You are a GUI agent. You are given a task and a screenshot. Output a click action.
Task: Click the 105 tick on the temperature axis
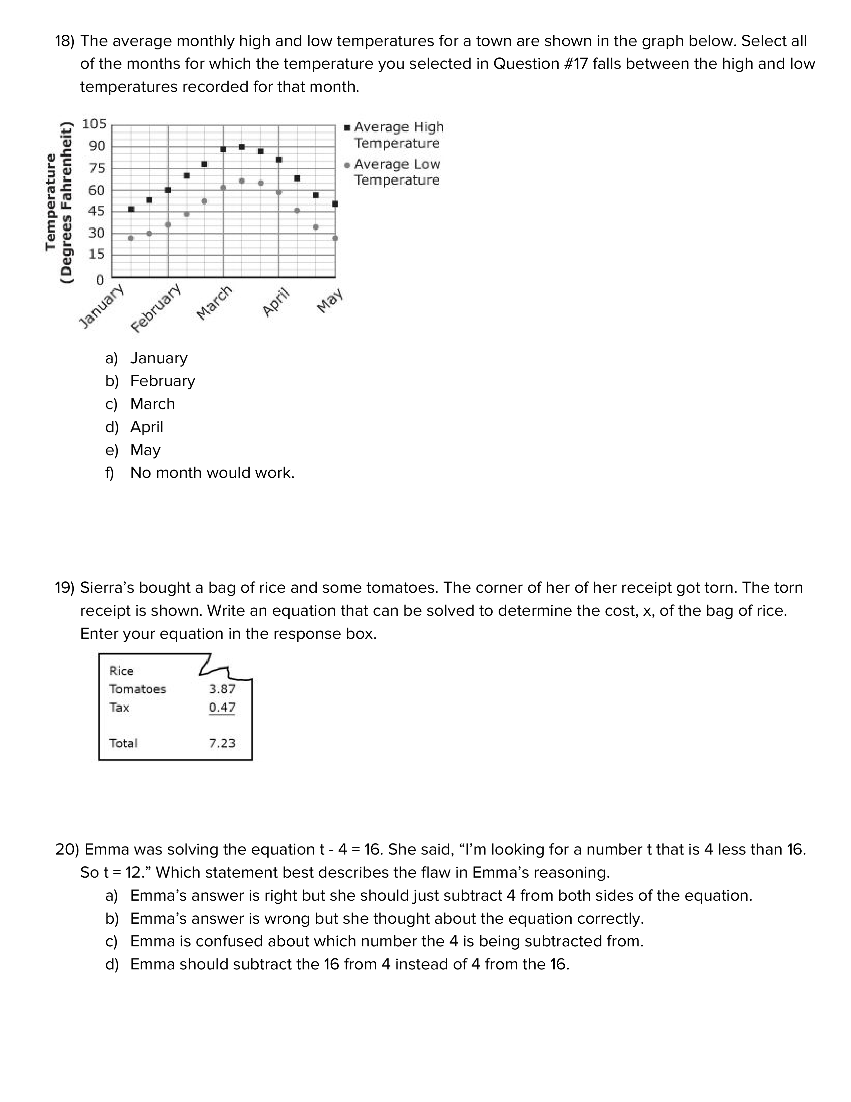coord(94,124)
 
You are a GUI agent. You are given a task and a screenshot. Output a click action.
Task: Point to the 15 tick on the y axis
coord(96,254)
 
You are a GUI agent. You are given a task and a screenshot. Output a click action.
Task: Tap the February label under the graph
coord(156,308)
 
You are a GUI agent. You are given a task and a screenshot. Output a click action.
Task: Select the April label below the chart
coord(276,302)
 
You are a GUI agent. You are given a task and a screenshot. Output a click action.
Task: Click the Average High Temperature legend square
coord(347,128)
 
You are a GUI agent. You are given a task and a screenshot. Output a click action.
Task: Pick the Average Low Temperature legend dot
coord(347,165)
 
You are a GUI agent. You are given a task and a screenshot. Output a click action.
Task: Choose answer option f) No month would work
coord(212,473)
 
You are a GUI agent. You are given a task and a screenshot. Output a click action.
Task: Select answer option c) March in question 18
coord(152,404)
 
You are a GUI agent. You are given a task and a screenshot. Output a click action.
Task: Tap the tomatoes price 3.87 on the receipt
coord(222,689)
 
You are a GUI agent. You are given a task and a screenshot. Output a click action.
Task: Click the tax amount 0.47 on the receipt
coord(222,707)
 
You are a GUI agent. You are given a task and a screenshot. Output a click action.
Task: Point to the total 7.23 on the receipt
coord(222,743)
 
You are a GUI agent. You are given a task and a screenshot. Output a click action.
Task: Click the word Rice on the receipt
coord(121,671)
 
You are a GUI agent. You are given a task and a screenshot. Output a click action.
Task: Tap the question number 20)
coord(67,850)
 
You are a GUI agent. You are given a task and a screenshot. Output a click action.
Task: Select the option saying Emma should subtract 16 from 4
coord(349,964)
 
